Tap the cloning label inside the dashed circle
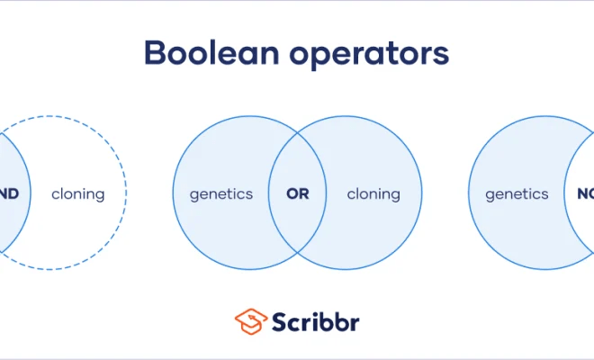77,193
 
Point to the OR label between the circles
297,193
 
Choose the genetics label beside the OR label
221,193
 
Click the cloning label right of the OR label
373,193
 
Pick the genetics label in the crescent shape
517,193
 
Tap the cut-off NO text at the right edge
584,193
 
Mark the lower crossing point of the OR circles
297,255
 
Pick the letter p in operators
314,58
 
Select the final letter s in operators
441,56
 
